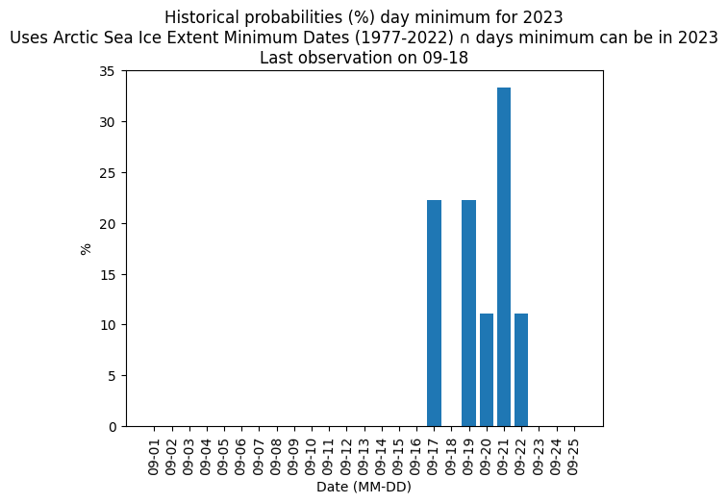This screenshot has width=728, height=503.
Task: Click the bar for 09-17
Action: pos(434,313)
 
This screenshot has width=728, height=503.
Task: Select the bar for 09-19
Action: pos(469,313)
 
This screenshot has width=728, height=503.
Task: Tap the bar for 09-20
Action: pos(487,370)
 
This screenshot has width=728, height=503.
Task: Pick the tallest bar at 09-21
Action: pos(504,257)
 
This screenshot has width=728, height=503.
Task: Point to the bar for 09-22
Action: pos(521,370)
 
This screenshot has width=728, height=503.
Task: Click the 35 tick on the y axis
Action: pos(107,71)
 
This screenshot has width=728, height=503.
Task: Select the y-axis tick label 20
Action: pos(107,224)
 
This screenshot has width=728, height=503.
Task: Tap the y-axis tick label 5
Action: pos(112,376)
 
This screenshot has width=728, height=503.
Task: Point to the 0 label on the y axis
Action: pos(112,427)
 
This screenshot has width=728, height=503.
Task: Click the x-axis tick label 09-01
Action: pos(154,458)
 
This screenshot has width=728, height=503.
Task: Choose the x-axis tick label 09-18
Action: pos(451,458)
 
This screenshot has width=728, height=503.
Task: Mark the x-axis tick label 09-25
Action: pos(574,458)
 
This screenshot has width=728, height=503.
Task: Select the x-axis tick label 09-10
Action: pos(312,458)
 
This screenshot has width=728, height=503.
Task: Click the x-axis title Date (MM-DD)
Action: pos(364,487)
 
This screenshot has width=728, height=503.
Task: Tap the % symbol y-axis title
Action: pos(86,249)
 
